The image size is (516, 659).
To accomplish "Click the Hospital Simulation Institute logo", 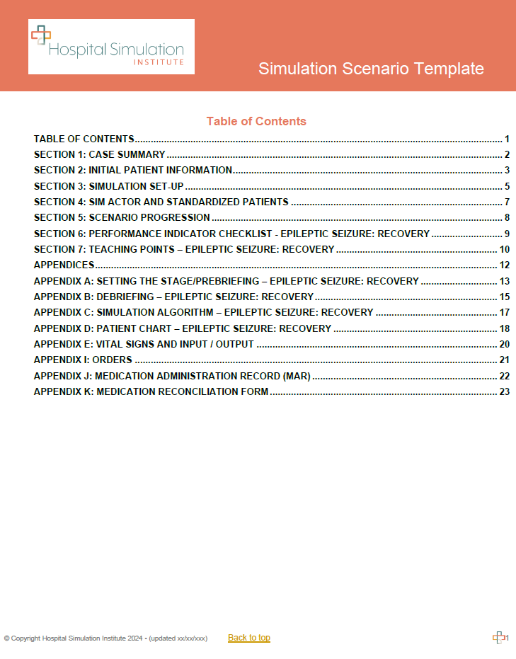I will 111,47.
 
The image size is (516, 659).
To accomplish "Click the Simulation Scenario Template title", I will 371,69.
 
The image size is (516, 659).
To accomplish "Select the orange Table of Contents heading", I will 256,121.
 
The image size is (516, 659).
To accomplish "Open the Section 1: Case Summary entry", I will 100,154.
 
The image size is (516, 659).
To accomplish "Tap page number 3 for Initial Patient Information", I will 507,170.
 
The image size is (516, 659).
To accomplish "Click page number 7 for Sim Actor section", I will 507,202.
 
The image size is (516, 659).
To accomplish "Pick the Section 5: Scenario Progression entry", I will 122,217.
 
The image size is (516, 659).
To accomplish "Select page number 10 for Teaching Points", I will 504,249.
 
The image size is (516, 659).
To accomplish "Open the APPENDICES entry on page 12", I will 64,265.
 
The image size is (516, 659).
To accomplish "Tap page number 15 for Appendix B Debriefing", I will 504,297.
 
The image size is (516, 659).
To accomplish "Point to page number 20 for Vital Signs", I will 504,344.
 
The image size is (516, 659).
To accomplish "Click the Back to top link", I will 249,638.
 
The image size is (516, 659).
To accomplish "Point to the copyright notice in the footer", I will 105,638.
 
